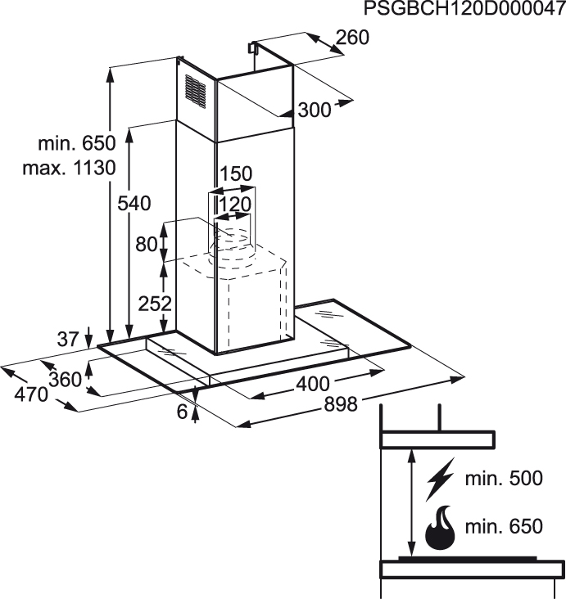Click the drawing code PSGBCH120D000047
coord(464,8)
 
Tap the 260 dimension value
coord(352,38)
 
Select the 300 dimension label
coord(314,110)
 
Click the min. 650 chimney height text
coord(76,143)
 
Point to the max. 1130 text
coord(70,168)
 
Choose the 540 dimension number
coord(134,203)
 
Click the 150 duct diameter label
coord(236,173)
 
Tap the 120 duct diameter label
coord(235,204)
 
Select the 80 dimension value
coord(147,244)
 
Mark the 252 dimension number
coord(155,304)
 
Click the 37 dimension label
coord(68,339)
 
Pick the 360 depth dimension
coord(66,380)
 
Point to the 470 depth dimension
coord(31,394)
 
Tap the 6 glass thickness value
coord(183,411)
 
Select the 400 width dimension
coord(313,384)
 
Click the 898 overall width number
coord(341,404)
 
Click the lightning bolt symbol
coord(440,479)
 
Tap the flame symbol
coord(441,527)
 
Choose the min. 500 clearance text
coord(504,478)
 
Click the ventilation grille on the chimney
coord(196,92)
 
